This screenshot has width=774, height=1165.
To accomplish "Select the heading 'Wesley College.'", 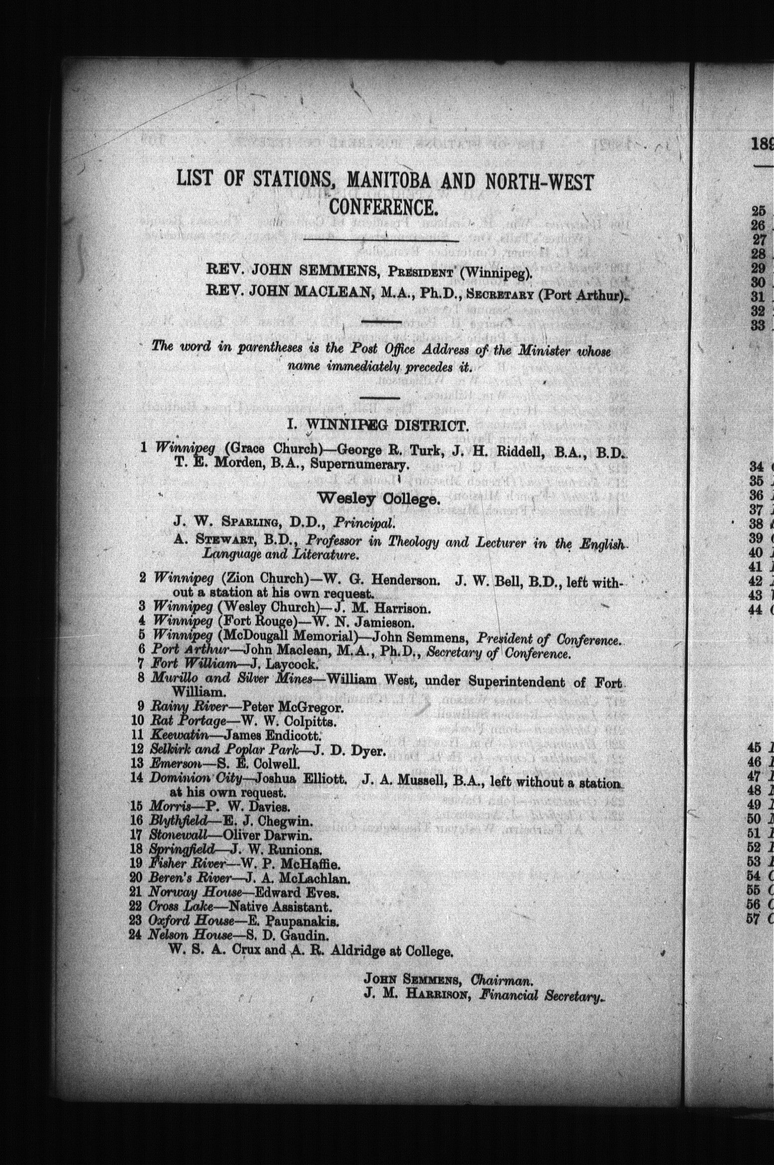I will (379, 498).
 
